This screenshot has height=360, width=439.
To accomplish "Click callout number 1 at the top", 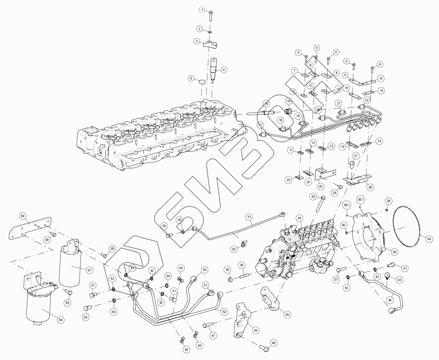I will click(x=202, y=10).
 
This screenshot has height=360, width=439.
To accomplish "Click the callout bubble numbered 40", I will click(x=429, y=239).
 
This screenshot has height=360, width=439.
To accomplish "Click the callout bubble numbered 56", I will click(x=61, y=320).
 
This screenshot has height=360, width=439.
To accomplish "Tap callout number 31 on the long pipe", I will click(x=249, y=217).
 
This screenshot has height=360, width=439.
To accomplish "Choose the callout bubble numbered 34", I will click(x=300, y=218).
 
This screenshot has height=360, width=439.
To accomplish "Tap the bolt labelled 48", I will click(x=263, y=347).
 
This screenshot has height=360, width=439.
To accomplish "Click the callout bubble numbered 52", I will click(x=224, y=312).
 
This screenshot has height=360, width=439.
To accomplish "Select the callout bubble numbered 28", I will click(x=370, y=187).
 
